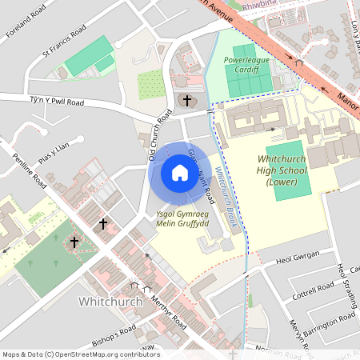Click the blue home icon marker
pyautogui.click(x=179, y=173)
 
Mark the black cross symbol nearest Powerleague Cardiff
pyautogui.click(x=187, y=100)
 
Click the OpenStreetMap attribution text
pyautogui.click(x=80, y=354)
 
